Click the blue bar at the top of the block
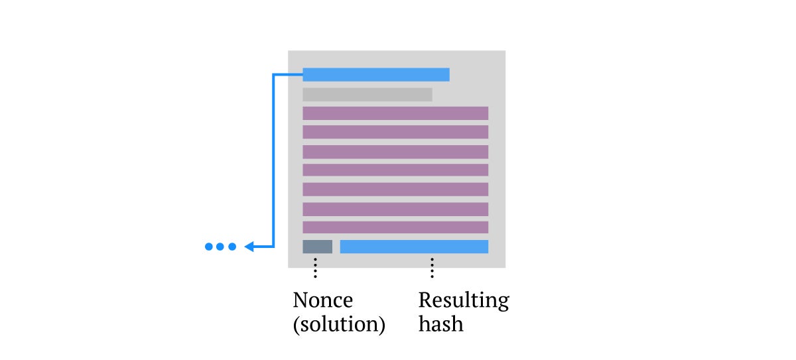point(376,74)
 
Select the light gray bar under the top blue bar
point(367,95)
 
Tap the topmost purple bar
point(395,113)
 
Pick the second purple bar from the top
point(395,132)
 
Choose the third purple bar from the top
point(395,152)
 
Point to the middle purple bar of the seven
point(395,170)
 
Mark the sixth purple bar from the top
point(395,210)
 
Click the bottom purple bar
point(395,227)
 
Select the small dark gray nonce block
point(317,247)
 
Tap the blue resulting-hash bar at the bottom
point(414,247)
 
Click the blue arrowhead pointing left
point(249,247)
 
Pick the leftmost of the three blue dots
point(209,247)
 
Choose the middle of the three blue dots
point(220,247)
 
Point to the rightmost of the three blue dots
point(232,247)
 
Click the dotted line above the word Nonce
point(315,268)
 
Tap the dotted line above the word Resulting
point(432,268)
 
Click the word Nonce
point(323,300)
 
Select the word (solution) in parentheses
point(340,324)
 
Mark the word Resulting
point(464,301)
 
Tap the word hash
point(441,324)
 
